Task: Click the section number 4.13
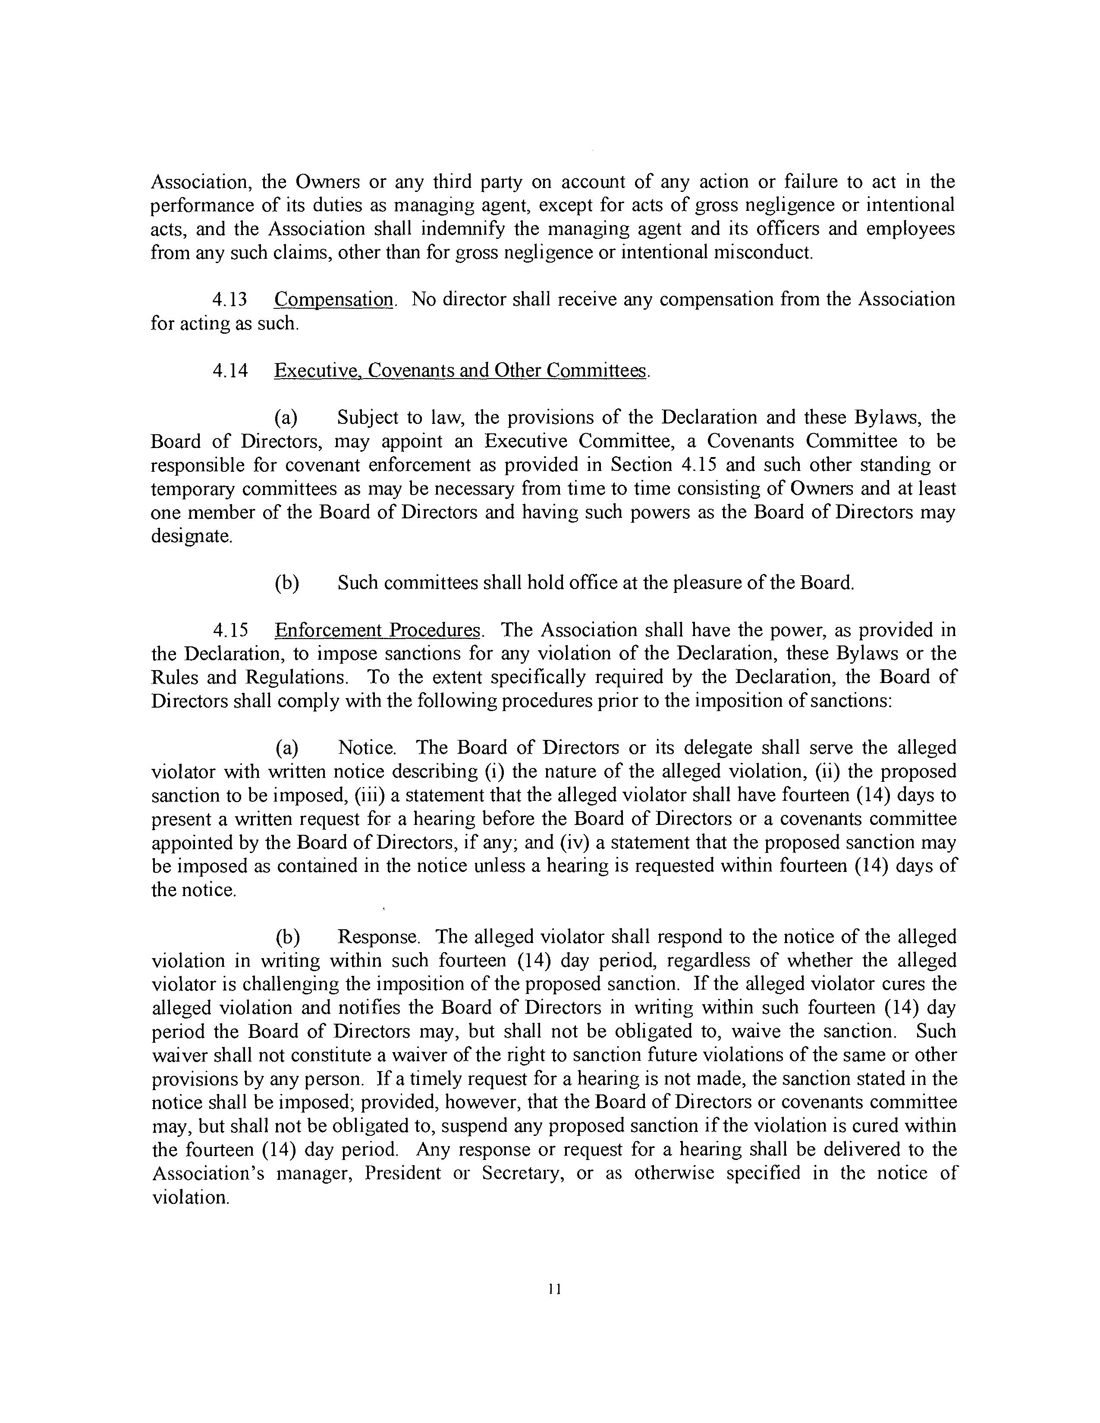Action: pos(230,300)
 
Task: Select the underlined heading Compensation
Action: pos(333,300)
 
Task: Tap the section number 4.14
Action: pos(230,371)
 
